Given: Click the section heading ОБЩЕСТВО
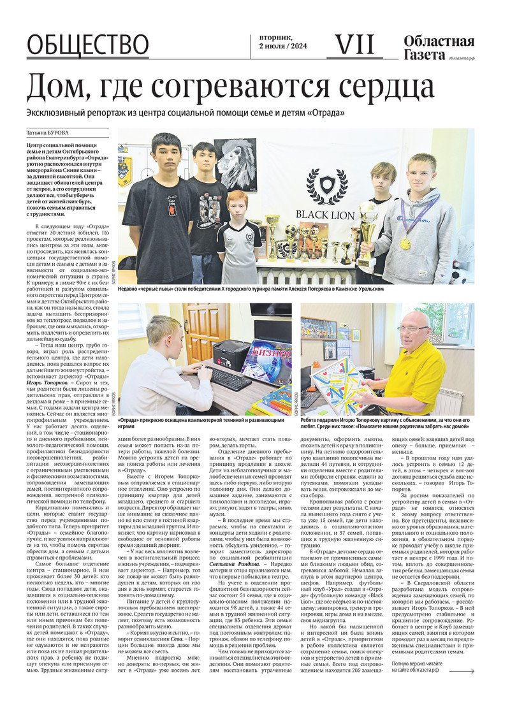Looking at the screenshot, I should point(87,45).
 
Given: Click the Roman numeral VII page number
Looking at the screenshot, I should point(354,44).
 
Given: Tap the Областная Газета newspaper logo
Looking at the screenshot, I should point(439,48).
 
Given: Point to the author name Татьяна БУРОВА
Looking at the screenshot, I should point(48,133).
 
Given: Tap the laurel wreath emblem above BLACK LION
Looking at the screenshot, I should point(327,185).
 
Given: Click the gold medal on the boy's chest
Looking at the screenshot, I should point(405,243).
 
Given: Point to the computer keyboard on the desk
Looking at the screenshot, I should point(228,378).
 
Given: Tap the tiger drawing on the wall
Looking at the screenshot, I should point(235,163).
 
